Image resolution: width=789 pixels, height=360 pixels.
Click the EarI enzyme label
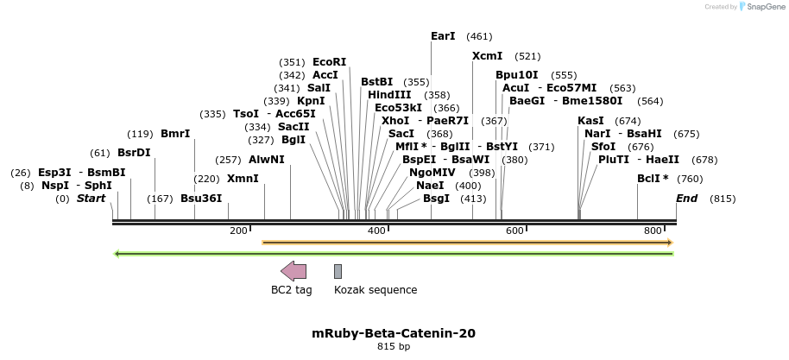(443, 36)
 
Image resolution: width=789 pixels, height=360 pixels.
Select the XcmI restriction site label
(487, 56)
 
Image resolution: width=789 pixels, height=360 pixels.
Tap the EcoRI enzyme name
(329, 62)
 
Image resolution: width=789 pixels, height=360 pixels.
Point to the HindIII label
(389, 95)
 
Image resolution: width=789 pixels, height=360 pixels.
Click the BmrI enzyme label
(175, 134)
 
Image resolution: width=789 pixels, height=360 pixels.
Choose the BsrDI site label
(134, 153)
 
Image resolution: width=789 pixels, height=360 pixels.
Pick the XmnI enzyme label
(243, 179)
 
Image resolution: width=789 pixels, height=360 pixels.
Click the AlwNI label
(266, 160)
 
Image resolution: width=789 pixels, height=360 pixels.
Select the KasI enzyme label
(590, 121)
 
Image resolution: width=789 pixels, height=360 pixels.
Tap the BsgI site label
(436, 199)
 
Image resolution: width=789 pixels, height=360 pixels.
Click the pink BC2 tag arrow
(294, 271)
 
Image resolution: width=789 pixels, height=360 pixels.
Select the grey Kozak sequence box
(338, 271)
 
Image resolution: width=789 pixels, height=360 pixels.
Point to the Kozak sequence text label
(376, 290)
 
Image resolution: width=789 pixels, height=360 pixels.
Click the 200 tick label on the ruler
(238, 231)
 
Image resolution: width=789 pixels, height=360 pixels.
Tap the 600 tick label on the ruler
(514, 231)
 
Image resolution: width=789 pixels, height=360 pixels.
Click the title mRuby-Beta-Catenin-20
(394, 333)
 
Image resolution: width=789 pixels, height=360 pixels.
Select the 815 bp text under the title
(394, 347)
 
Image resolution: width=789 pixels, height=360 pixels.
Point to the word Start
(91, 199)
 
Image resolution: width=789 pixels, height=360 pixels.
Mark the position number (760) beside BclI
(690, 179)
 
